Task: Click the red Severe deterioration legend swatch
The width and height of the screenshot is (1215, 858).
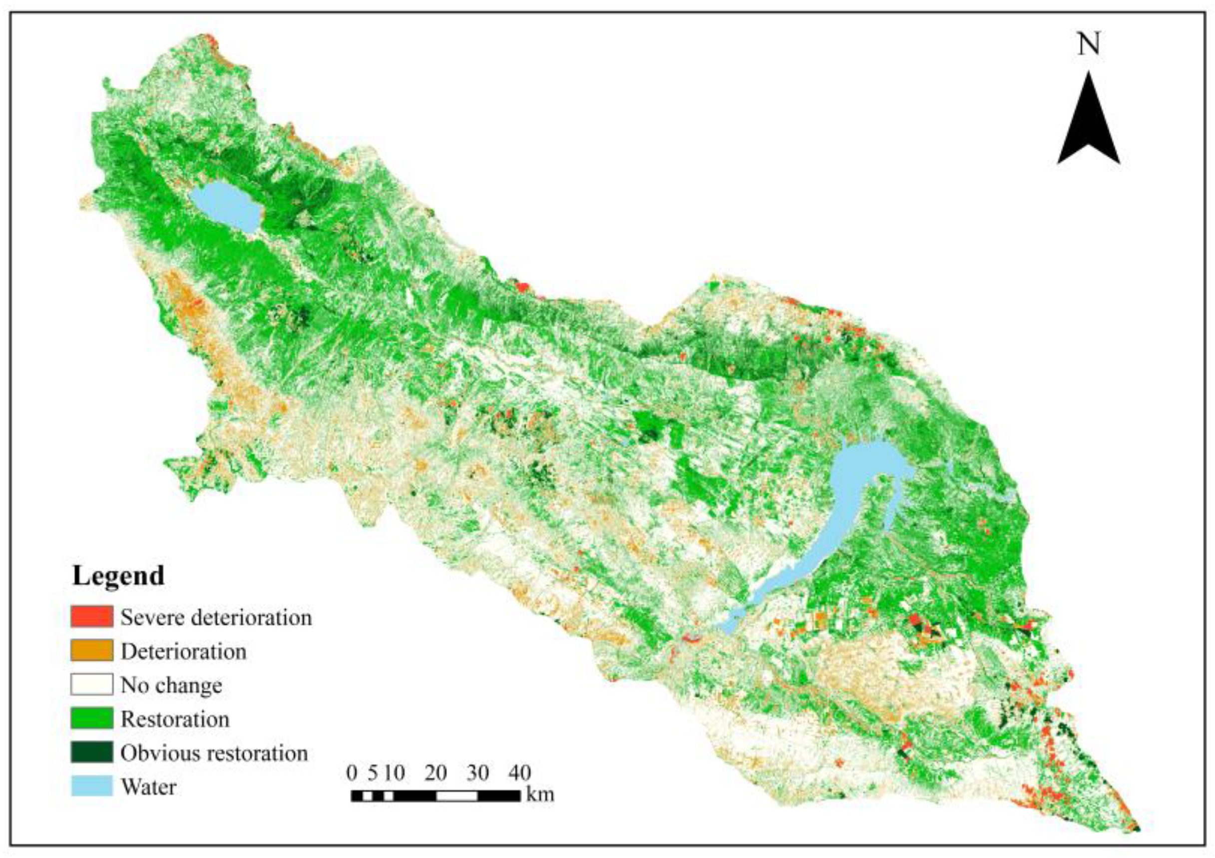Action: click(91, 617)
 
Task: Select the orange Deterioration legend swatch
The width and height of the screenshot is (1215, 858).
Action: click(91, 651)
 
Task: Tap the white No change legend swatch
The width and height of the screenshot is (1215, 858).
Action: click(91, 685)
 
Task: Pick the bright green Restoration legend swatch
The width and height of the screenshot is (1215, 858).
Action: click(91, 719)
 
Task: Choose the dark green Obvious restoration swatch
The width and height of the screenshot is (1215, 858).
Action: click(91, 753)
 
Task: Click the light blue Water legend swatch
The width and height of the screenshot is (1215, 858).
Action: click(91, 787)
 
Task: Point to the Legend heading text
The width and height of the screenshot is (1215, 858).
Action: click(118, 576)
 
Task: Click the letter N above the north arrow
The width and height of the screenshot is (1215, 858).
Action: click(1089, 44)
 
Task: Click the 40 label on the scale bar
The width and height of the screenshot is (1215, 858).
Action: click(519, 773)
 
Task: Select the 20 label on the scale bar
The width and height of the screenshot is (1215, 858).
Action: click(435, 773)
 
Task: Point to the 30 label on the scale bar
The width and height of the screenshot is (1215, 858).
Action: click(477, 773)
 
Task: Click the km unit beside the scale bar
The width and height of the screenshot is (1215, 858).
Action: click(540, 795)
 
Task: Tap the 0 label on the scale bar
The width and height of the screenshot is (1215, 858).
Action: click(352, 773)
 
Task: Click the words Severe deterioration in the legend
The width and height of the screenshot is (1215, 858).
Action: click(216, 618)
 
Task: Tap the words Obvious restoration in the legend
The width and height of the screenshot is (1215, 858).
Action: click(214, 753)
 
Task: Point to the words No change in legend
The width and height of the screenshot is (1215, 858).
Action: click(171, 685)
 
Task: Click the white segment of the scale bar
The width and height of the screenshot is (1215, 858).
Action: click(456, 796)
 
